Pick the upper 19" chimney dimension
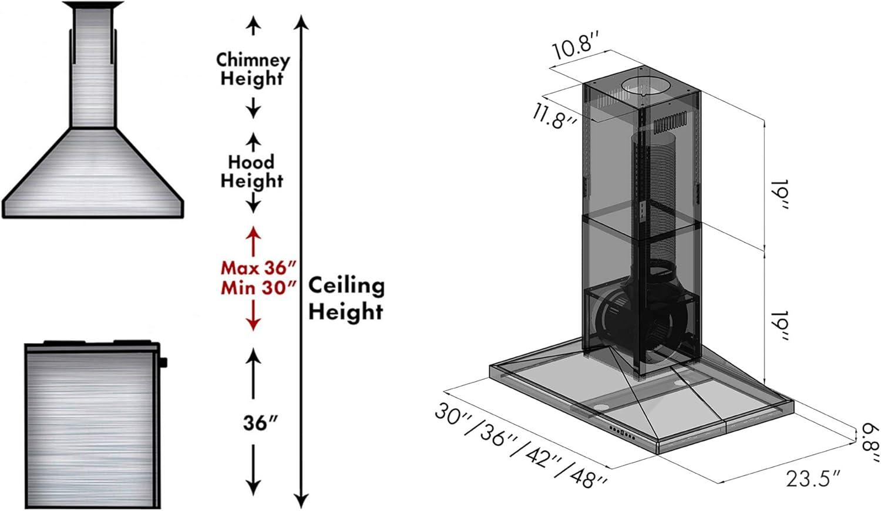coord(779,194)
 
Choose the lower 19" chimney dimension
coord(779,326)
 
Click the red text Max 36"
coord(258,268)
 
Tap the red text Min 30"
coord(258,288)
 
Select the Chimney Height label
coord(253,69)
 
